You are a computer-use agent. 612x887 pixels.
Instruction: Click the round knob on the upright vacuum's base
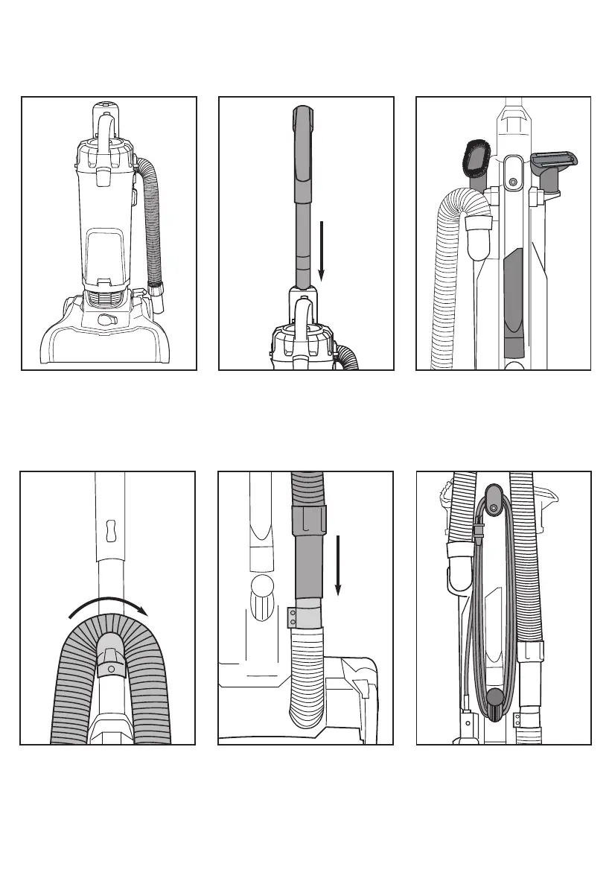coord(103,319)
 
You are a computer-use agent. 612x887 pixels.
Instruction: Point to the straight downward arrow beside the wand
coord(320,249)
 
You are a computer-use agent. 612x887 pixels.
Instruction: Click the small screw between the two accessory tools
coord(512,181)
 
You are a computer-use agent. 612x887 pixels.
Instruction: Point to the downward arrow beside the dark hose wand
coord(338,564)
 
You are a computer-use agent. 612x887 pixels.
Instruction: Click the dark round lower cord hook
coord(493,698)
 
